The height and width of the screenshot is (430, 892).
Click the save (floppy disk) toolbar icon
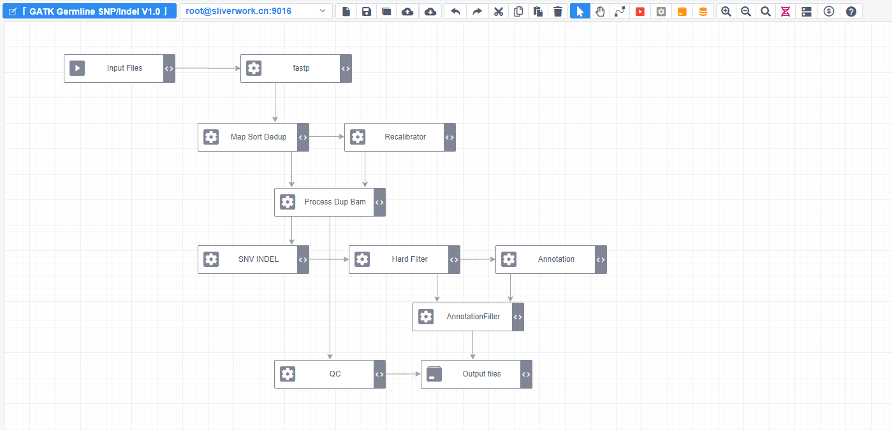point(367,11)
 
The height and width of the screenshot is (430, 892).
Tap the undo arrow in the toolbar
point(455,11)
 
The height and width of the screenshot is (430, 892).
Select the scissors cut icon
point(499,11)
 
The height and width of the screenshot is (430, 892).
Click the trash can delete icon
point(558,11)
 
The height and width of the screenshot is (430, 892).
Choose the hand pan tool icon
point(600,11)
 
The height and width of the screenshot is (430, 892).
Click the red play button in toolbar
point(640,11)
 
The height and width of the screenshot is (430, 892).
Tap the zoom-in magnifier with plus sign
point(726,11)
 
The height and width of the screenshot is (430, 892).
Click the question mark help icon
point(851,11)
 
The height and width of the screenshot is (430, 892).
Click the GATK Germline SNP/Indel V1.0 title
point(89,11)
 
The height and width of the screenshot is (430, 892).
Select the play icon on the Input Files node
point(77,68)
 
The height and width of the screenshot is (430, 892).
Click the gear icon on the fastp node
point(254,68)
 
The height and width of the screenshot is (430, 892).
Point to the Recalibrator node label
point(405,137)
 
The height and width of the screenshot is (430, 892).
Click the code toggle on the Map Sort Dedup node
point(303,137)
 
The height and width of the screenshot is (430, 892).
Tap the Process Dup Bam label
point(335,202)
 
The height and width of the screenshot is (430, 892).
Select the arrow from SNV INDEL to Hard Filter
point(328,259)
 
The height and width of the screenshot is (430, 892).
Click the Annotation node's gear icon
point(509,259)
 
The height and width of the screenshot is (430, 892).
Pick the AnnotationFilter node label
point(473,317)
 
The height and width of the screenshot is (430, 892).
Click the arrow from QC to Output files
point(403,374)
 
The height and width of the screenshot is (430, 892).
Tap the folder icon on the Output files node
point(434,374)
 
